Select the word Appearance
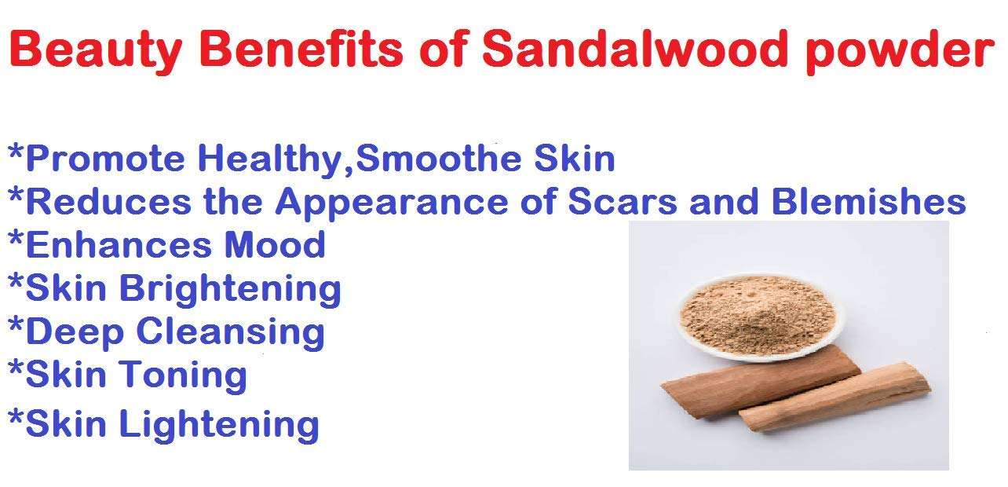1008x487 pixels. (415, 203)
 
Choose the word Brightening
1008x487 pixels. (230, 289)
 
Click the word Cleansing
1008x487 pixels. (230, 332)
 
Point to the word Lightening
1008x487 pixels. (219, 425)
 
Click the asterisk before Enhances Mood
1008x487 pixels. (16, 239)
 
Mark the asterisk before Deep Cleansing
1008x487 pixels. (16, 325)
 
